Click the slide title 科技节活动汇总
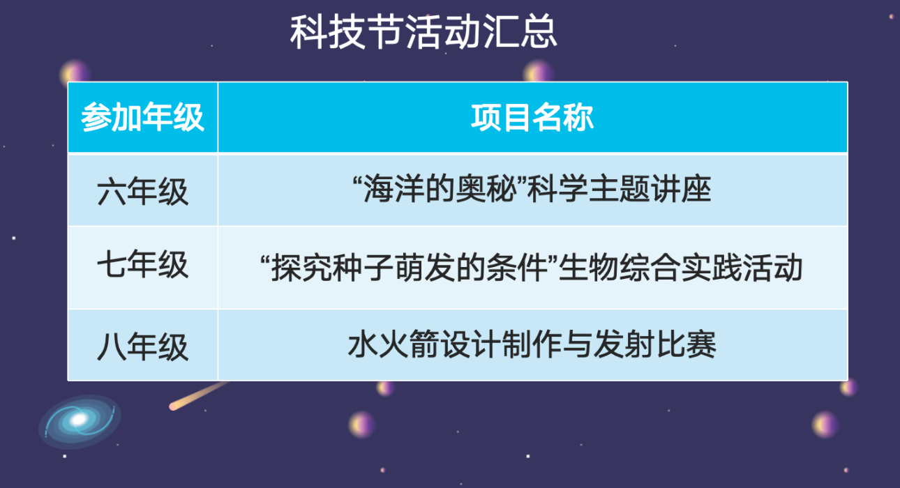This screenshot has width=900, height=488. click(423, 32)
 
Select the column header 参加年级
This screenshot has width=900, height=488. click(142, 117)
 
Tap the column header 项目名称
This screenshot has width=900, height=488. click(532, 117)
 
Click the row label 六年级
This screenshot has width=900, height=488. click(142, 192)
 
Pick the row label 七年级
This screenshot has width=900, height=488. click(142, 264)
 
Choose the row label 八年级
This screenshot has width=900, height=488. click(142, 346)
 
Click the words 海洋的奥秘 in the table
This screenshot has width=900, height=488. click(440, 189)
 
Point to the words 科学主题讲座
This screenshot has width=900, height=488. click(619, 189)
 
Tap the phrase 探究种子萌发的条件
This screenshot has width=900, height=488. click(410, 268)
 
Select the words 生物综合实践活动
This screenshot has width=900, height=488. click(681, 268)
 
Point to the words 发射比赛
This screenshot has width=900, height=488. click(655, 344)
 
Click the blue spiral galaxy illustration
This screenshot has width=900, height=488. click(80, 421)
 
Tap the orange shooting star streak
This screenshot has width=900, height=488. click(199, 396)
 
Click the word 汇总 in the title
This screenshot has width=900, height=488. click(520, 32)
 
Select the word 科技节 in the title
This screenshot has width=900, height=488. click(346, 32)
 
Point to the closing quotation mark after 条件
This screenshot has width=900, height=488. click(553, 260)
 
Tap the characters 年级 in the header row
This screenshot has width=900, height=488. click(174, 117)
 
